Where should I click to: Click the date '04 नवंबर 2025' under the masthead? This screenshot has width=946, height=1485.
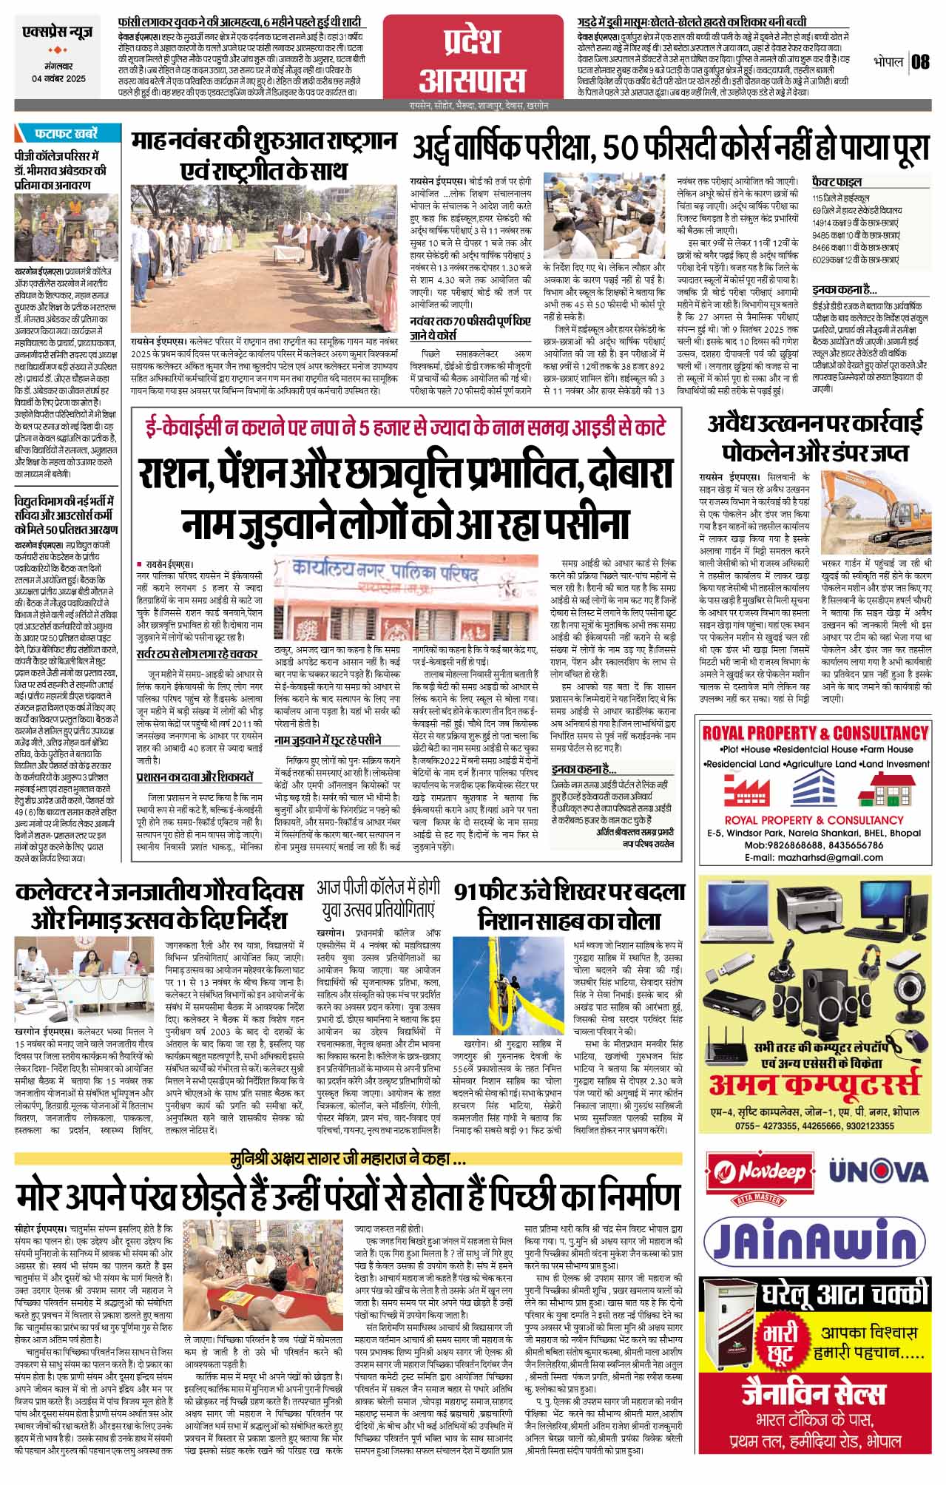[58, 78]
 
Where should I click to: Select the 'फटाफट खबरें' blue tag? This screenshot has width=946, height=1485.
[66, 134]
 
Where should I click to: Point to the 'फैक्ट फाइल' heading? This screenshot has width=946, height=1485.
[837, 180]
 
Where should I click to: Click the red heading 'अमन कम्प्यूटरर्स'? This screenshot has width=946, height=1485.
[814, 1086]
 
